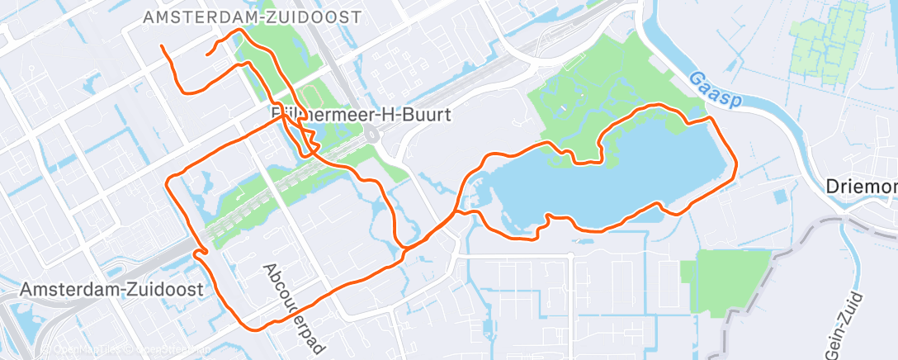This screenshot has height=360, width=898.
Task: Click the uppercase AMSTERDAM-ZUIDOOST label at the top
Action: tap(252, 17)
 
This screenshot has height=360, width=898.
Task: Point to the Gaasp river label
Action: tap(715, 88)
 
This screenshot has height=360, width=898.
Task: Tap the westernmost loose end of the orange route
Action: tap(161, 45)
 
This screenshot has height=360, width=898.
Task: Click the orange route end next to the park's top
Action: tap(206, 54)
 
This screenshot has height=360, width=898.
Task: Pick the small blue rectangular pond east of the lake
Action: tap(780, 197)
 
